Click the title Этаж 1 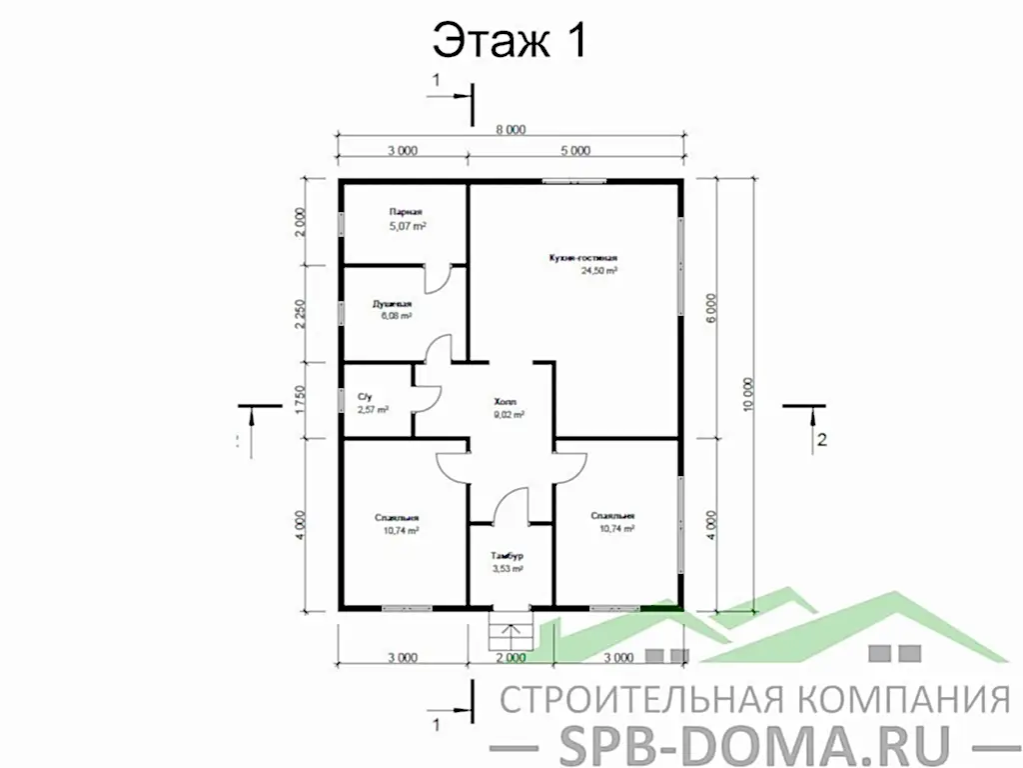[x=509, y=41]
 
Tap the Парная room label [x=406, y=212]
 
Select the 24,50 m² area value [x=599, y=270]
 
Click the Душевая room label [x=393, y=302]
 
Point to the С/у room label [x=365, y=397]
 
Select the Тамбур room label [x=508, y=555]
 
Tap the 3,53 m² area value [x=508, y=568]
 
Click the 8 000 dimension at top [x=511, y=129]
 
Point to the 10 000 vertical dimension [x=749, y=394]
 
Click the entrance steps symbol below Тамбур [x=510, y=630]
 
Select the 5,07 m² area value [x=408, y=227]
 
